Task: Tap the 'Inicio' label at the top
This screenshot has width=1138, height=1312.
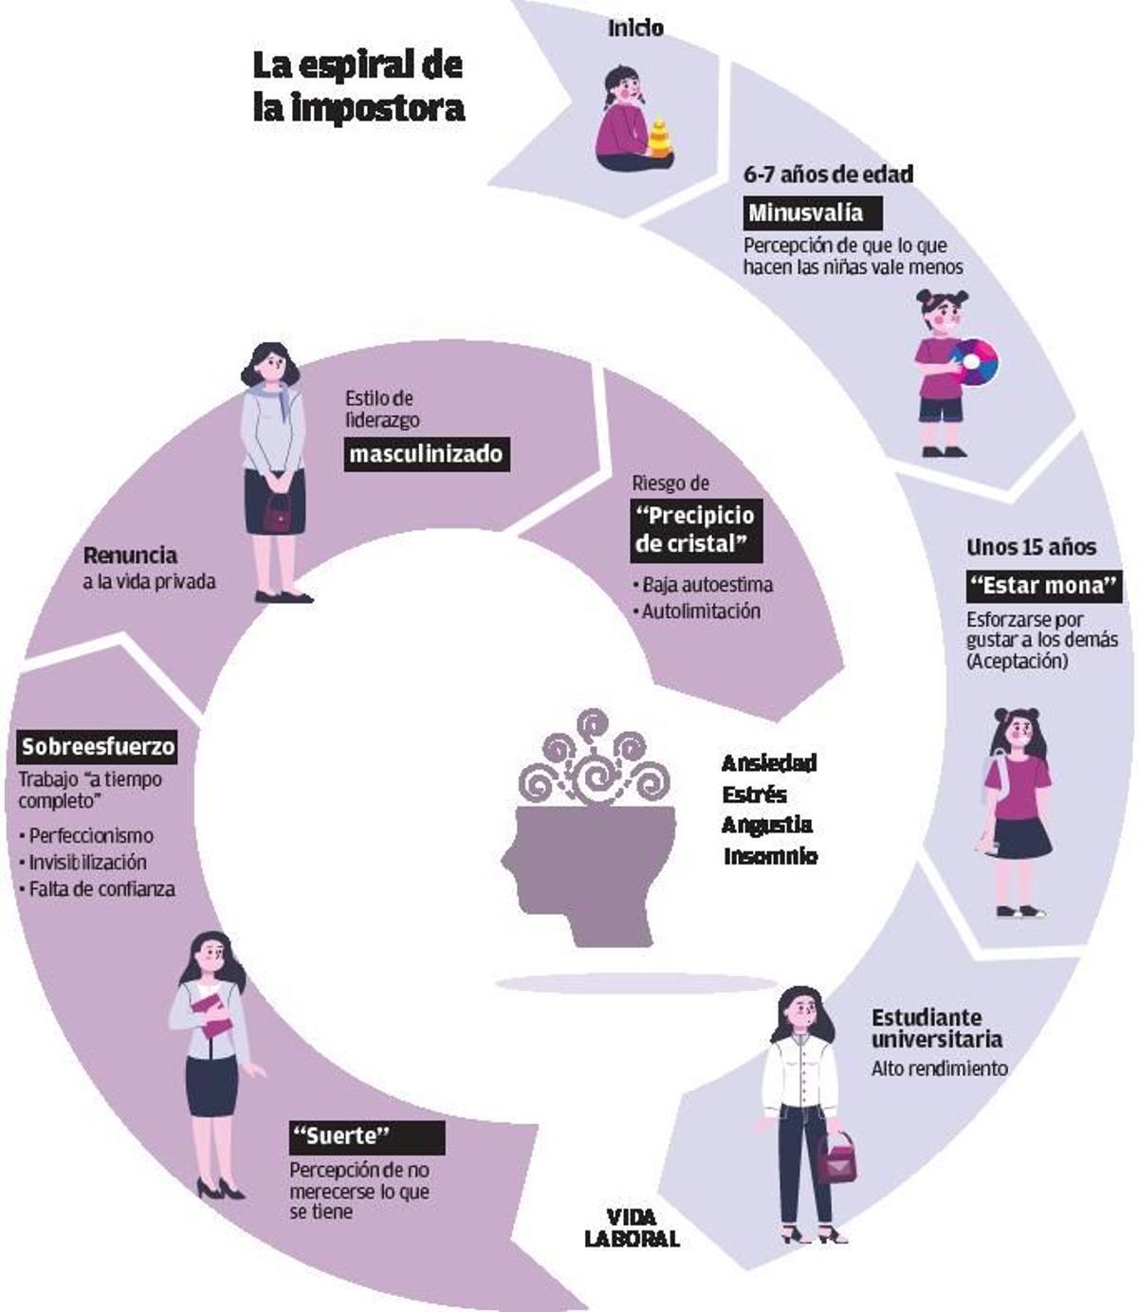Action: [x=635, y=28]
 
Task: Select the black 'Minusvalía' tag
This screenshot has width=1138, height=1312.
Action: [x=806, y=212]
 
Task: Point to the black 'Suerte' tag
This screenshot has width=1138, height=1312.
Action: [x=367, y=1136]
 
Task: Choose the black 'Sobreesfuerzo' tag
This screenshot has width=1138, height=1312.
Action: [x=99, y=747]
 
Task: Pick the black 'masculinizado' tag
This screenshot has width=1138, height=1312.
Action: [x=426, y=454]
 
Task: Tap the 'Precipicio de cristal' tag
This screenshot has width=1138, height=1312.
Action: [x=695, y=530]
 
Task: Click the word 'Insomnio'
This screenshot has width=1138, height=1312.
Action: [x=770, y=856]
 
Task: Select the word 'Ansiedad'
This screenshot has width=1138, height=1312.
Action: [x=769, y=763]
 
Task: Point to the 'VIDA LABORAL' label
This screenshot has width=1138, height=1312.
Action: [x=632, y=1228]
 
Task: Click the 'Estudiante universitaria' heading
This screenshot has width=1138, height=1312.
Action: [x=936, y=1028]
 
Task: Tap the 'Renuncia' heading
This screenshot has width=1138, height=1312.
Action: [x=130, y=556]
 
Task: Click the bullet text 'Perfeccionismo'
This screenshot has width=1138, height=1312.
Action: [x=91, y=836]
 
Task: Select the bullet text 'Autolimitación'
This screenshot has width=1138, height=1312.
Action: [x=701, y=611]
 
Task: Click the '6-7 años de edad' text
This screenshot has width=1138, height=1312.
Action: [x=828, y=174]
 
